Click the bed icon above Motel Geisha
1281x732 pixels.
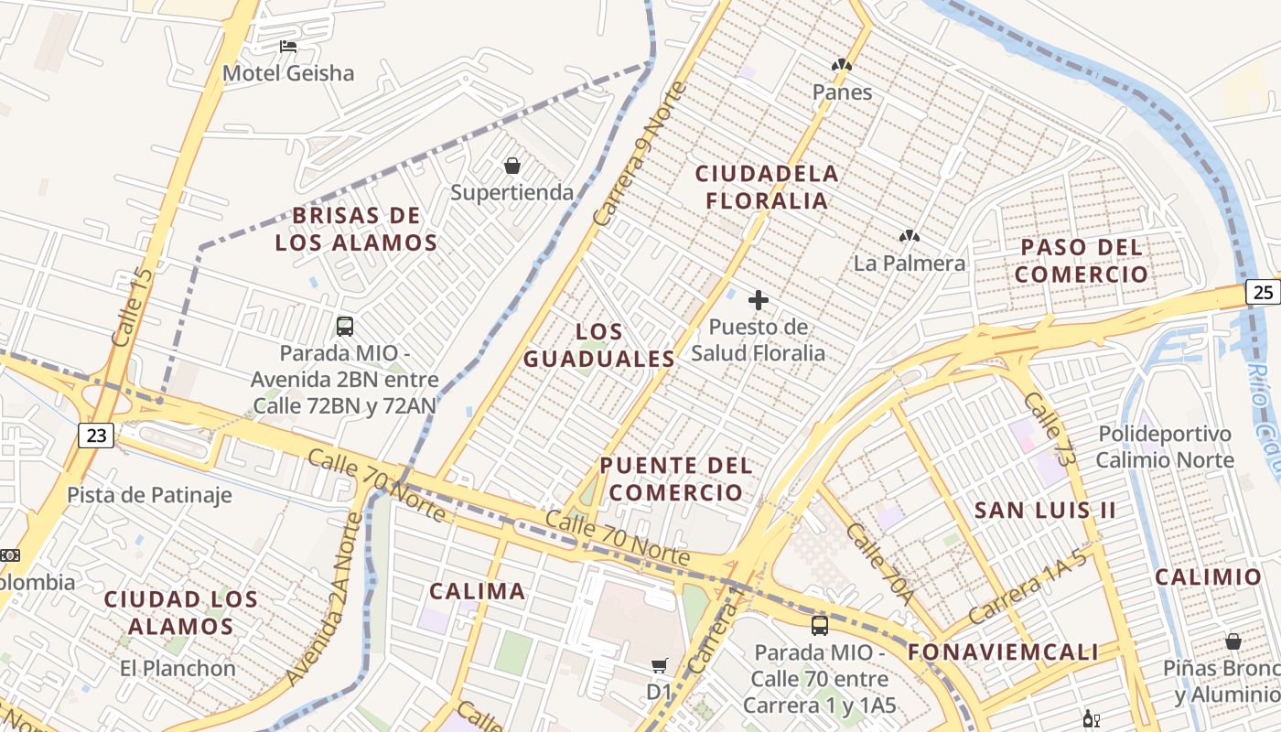(288, 47)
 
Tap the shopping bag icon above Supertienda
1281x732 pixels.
(512, 166)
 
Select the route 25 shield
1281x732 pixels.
(1262, 292)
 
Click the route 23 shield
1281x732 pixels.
(96, 436)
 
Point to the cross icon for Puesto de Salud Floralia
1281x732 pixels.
(758, 300)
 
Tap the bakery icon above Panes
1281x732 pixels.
(842, 65)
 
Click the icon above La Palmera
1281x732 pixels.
(909, 236)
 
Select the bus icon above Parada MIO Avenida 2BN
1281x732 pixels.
(345, 326)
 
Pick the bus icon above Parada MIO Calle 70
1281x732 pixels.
(820, 626)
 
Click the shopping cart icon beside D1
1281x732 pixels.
(660, 665)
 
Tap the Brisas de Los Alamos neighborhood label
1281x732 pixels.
(357, 230)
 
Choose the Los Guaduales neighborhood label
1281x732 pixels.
(599, 345)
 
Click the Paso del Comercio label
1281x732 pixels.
(1082, 261)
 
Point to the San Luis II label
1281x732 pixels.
(1045, 511)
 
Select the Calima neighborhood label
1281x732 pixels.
(478, 591)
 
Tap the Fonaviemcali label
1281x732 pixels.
(1003, 652)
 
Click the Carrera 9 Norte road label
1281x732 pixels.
(639, 154)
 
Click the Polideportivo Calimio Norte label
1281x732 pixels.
(1165, 447)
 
